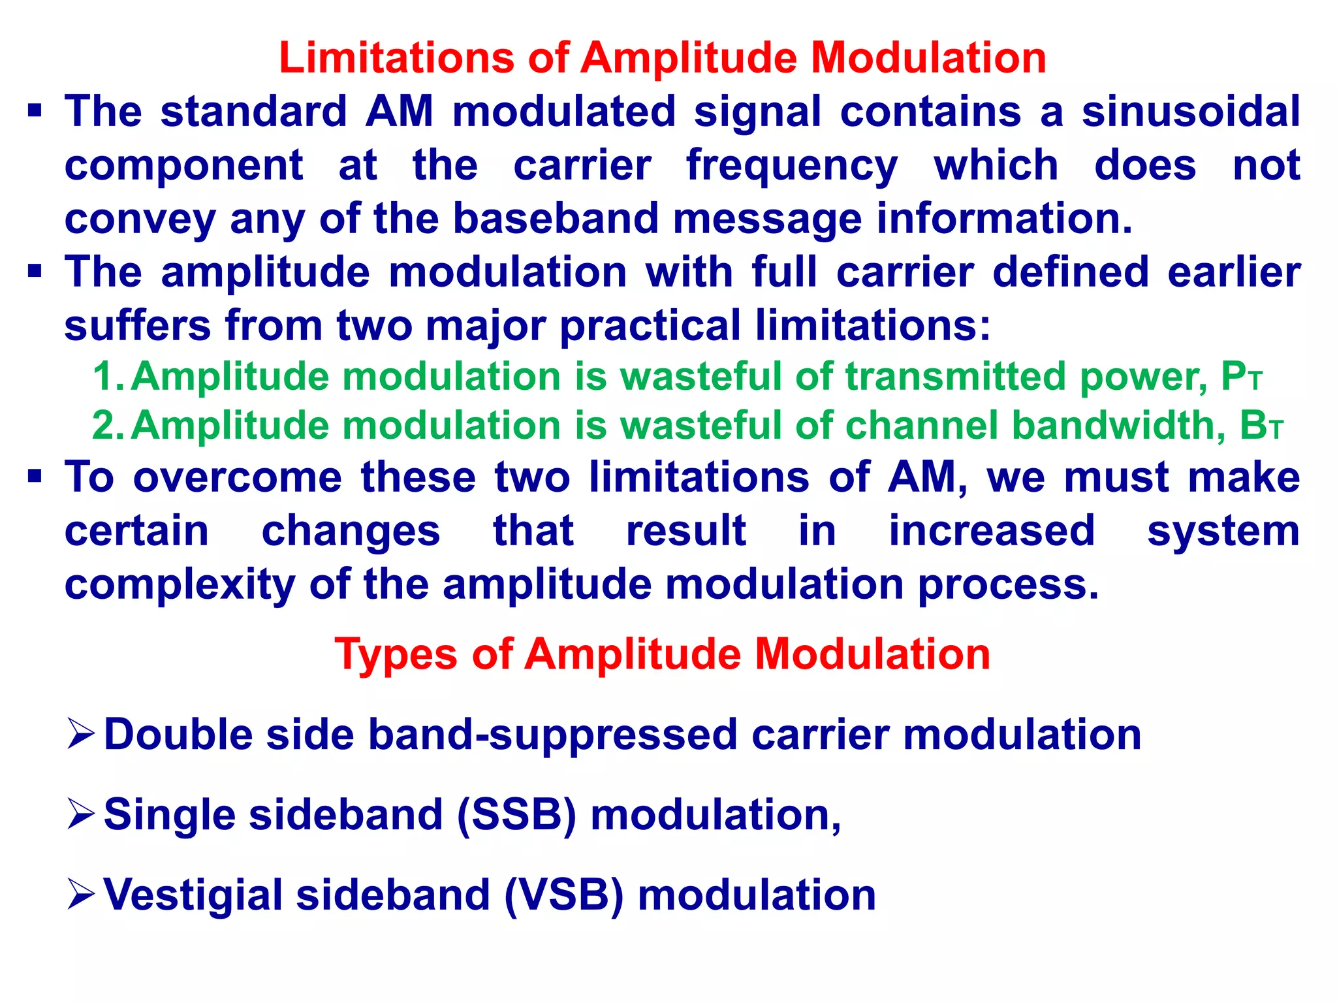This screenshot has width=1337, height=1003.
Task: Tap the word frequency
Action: pyautogui.click(x=792, y=166)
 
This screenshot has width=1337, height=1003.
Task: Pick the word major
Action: pyautogui.click(x=486, y=326)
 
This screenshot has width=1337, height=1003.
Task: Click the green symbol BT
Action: pyautogui.click(x=1261, y=426)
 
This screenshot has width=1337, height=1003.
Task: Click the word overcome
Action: pyautogui.click(x=238, y=477)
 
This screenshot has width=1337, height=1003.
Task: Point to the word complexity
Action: pyautogui.click(x=180, y=585)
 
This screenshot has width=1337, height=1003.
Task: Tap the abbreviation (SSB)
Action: pyautogui.click(x=516, y=815)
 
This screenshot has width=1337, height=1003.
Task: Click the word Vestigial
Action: pyautogui.click(x=193, y=896)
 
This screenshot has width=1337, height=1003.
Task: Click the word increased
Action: pyautogui.click(x=992, y=531)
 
